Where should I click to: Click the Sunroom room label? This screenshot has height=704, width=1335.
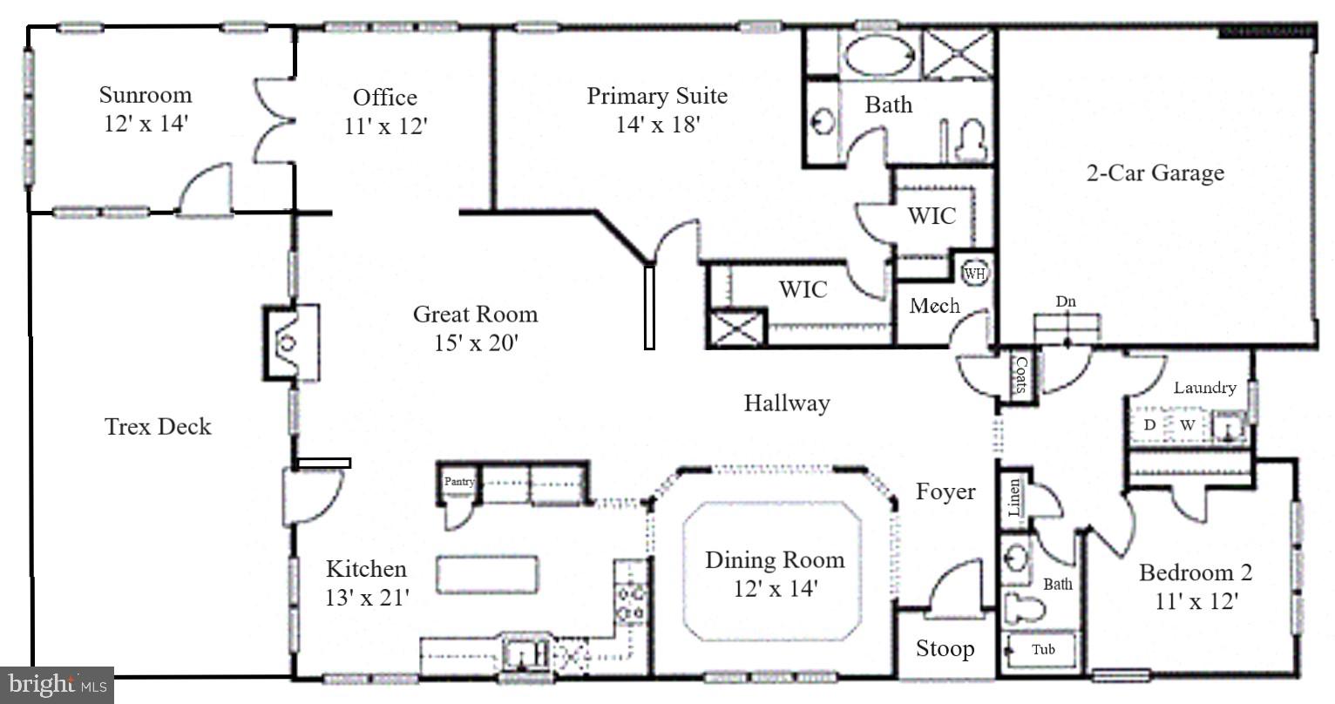(x=145, y=94)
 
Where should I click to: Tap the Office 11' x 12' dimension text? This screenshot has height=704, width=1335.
(x=385, y=126)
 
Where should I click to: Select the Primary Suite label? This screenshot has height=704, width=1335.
(x=656, y=96)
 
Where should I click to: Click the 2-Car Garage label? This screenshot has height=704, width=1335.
(x=1155, y=173)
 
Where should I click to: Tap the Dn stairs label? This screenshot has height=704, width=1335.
(x=1066, y=301)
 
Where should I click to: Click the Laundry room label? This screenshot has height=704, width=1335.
(x=1204, y=388)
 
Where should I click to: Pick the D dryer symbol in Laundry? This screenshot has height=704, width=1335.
(x=1149, y=425)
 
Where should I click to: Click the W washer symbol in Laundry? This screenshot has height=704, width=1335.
(x=1187, y=425)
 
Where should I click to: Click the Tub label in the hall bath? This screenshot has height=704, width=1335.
(x=1043, y=649)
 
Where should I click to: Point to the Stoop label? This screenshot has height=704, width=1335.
(x=945, y=649)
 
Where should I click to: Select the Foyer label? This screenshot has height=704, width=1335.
(x=945, y=491)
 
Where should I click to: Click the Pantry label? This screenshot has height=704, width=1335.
(x=459, y=481)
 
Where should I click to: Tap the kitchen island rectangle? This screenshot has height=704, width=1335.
(x=486, y=575)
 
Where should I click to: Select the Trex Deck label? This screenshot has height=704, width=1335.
(x=158, y=426)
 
